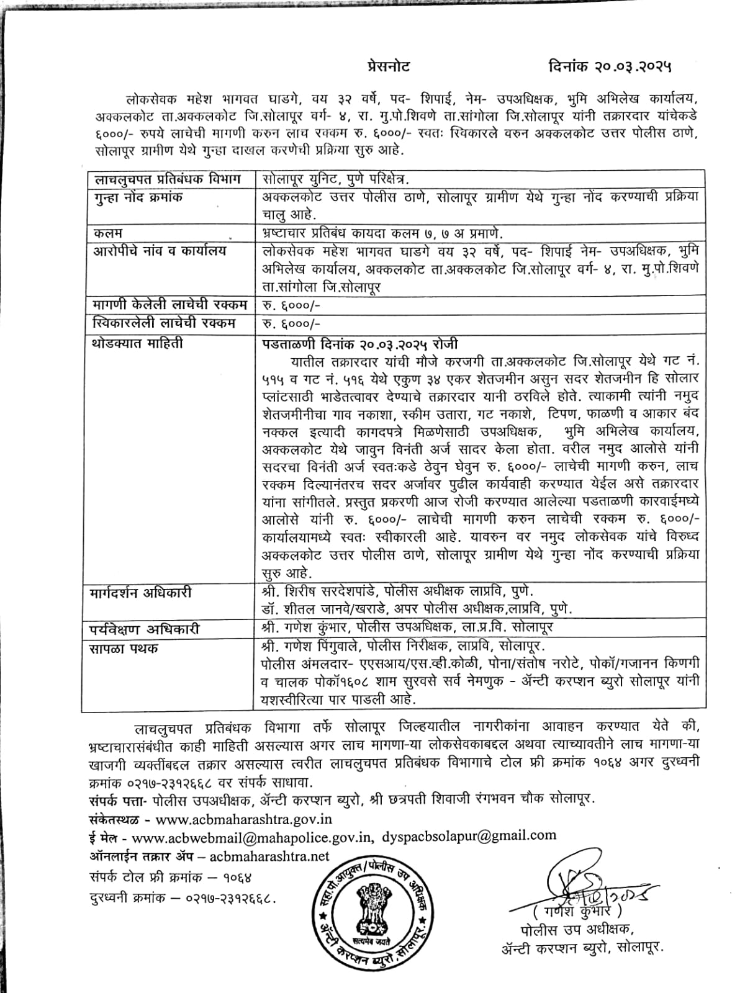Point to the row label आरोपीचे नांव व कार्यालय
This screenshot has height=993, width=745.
point(160,251)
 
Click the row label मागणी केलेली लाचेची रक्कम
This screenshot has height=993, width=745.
point(169,305)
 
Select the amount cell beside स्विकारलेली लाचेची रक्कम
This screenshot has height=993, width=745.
point(291,323)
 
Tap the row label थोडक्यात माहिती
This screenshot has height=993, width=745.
point(138,343)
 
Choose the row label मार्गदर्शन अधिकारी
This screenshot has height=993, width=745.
point(142,593)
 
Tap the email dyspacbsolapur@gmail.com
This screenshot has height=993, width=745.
point(469,836)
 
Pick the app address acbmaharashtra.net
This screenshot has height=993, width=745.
point(270,856)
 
